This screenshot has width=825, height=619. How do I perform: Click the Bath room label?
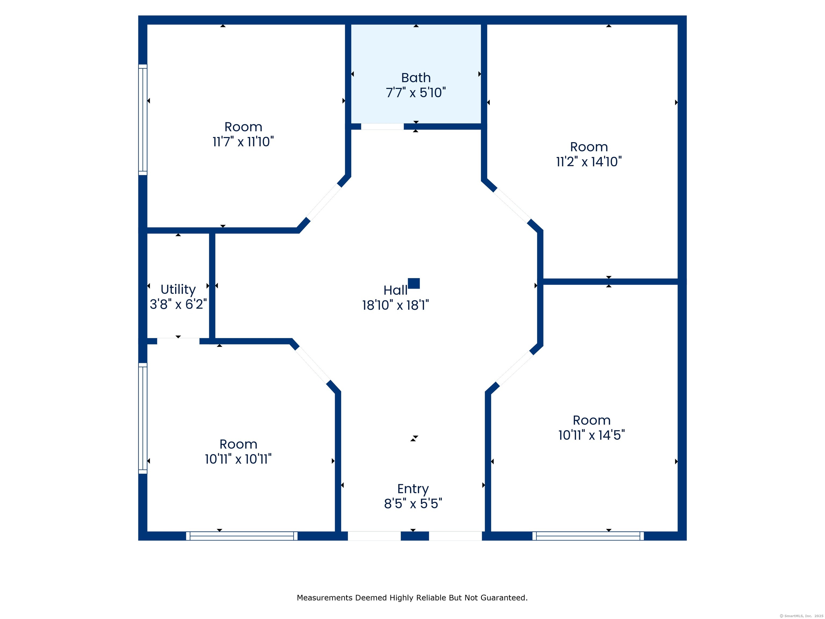coord(416,78)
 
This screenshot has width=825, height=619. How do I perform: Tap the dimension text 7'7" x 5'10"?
coord(416,92)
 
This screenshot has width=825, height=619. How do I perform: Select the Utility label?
coord(178,290)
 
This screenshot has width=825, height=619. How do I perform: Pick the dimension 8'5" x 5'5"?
coord(413,504)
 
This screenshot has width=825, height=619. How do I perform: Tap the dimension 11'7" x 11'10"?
coord(243,142)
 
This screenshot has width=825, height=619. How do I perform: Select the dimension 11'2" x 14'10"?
coord(589,161)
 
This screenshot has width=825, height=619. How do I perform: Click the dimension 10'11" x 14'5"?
coord(592,435)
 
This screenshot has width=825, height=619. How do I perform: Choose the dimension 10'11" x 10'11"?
coord(238,459)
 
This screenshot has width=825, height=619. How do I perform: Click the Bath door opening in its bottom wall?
coord(382,127)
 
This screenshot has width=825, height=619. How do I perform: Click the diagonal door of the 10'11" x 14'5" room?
coord(515,368)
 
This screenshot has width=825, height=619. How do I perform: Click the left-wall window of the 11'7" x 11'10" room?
coord(143,120)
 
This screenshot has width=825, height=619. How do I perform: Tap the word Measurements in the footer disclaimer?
coord(325,598)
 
